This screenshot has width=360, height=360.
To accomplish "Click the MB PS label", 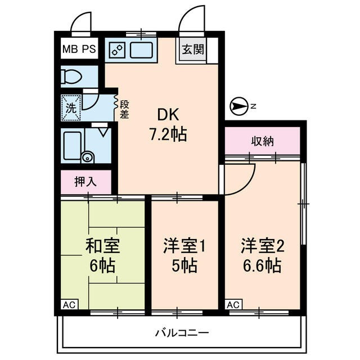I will coord(79,49).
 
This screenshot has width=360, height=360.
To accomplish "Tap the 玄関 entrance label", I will coord(191,49).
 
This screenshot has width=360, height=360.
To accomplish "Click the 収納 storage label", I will coord(262,141).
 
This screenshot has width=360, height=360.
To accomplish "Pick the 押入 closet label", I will coord(85,182).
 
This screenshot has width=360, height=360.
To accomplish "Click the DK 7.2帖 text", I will coord(168,125).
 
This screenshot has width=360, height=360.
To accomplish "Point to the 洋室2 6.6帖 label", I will coord(262,255).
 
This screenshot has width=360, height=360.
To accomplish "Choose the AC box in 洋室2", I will coord(234,305).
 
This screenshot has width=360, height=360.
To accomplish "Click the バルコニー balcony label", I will coord(182,333).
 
